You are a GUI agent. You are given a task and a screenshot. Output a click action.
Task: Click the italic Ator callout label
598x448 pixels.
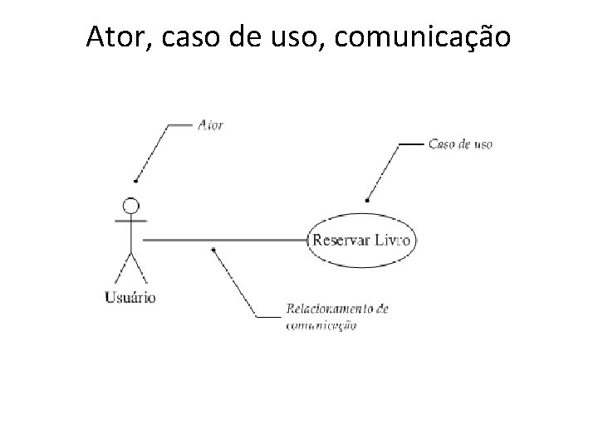211,125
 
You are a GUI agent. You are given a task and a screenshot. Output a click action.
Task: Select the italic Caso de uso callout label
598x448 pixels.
460,144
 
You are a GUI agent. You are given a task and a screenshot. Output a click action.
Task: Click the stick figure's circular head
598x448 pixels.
130,206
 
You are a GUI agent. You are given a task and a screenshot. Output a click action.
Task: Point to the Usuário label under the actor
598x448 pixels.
130,296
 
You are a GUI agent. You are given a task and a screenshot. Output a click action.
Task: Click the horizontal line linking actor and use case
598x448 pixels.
224,240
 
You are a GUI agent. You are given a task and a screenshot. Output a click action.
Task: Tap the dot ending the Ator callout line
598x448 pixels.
136,180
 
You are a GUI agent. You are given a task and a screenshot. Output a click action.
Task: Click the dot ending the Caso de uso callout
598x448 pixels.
368,200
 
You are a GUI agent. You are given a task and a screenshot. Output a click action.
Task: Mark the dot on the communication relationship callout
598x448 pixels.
214,249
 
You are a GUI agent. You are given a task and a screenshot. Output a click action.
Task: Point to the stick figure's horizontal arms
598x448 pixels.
130,222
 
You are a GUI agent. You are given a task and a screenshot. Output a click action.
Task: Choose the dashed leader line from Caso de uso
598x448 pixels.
385,171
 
